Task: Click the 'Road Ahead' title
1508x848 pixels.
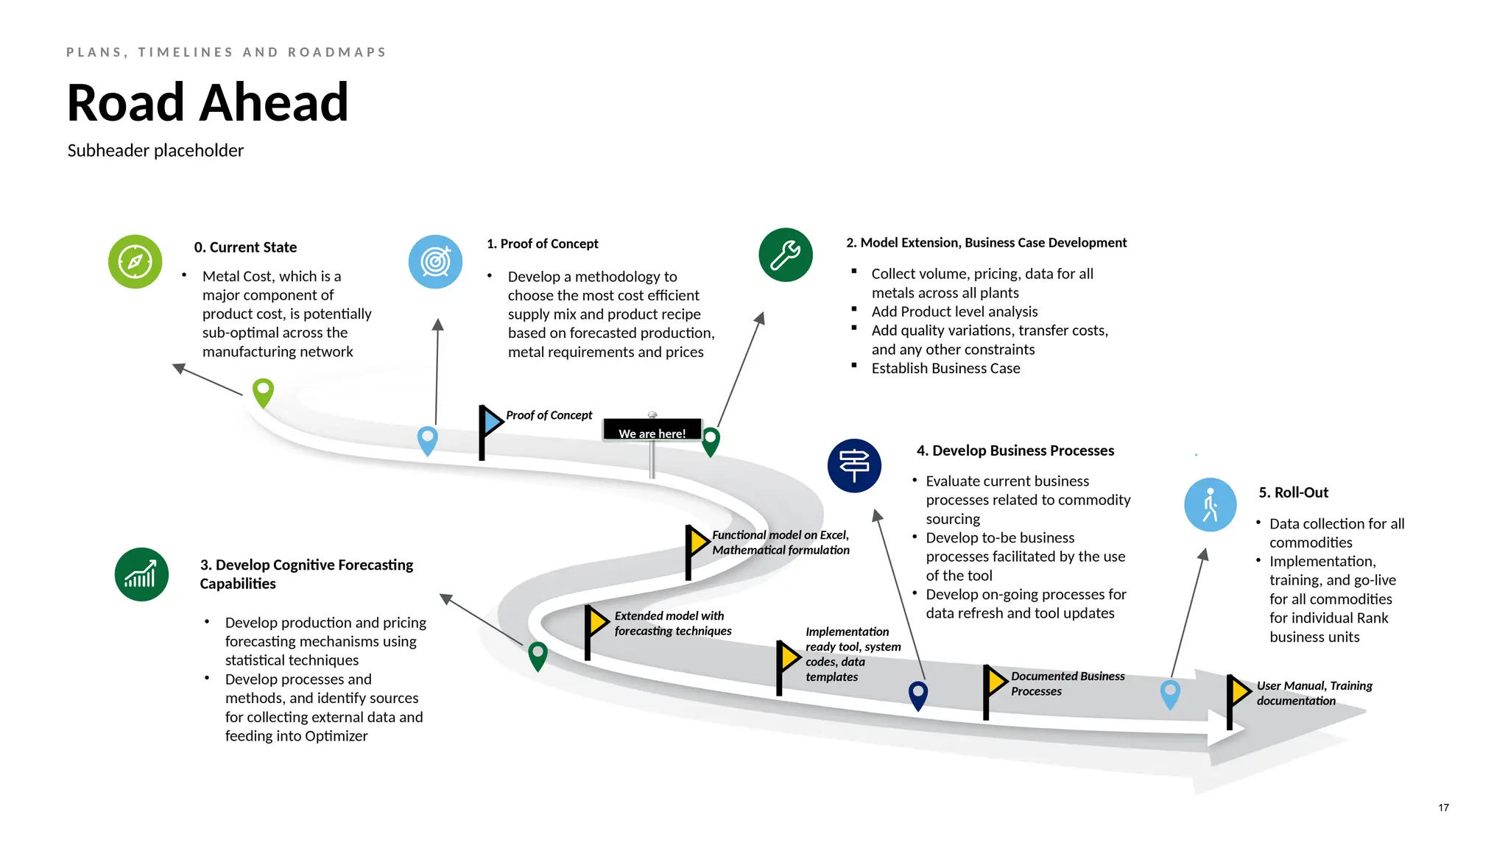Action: (207, 102)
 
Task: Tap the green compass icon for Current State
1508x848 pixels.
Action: (135, 262)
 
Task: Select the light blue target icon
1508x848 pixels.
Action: (435, 262)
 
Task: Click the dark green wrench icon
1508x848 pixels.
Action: (786, 255)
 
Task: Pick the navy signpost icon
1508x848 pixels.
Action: (854, 466)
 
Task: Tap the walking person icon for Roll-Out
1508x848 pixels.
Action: (1210, 505)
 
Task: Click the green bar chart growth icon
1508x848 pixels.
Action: (141, 575)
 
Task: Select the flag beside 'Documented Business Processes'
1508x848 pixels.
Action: (994, 683)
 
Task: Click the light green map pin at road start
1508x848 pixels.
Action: (263, 391)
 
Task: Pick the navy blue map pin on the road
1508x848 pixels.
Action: (918, 693)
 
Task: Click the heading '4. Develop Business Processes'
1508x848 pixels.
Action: (1015, 451)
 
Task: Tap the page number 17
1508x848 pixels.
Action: (1443, 808)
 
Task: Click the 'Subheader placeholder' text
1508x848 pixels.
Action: (155, 151)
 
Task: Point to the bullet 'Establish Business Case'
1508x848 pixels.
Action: (945, 368)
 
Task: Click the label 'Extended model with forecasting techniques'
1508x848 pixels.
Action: (672, 623)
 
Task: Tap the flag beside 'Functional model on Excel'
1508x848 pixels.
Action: (695, 545)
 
